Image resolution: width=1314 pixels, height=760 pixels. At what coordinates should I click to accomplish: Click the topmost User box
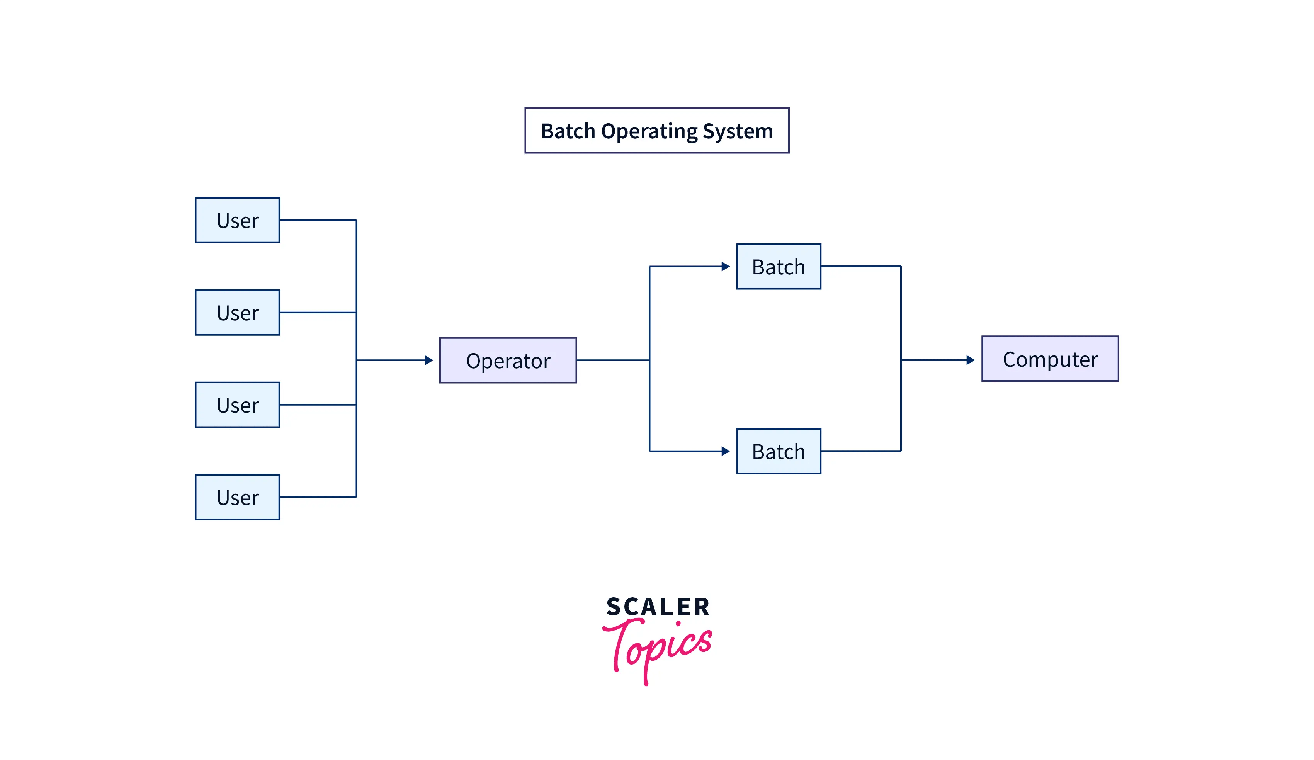tap(237, 220)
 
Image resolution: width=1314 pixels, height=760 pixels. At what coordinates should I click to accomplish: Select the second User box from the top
tap(237, 313)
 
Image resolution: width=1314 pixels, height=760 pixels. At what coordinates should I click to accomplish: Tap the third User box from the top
tap(237, 405)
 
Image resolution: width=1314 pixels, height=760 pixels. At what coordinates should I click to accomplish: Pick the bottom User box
tap(237, 497)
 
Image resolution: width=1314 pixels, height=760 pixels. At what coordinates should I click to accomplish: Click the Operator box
tap(508, 360)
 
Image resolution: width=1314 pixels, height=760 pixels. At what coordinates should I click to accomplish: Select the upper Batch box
tap(779, 267)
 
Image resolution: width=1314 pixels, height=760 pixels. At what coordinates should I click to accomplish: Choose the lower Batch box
tap(779, 451)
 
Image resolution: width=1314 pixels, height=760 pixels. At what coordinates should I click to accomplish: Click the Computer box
tap(1050, 359)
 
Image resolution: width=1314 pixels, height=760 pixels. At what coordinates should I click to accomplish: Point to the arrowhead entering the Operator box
tap(429, 360)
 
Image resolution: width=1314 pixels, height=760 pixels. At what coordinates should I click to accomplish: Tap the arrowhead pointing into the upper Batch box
tap(725, 267)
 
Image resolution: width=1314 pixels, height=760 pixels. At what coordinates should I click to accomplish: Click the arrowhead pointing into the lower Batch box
tap(725, 451)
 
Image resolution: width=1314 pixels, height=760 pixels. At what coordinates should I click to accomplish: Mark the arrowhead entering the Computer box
tap(971, 360)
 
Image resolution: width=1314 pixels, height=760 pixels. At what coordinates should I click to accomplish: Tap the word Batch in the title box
tap(568, 131)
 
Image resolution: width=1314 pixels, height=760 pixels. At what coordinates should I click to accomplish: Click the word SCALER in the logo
tap(658, 607)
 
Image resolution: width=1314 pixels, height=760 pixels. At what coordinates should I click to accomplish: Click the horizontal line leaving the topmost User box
tap(318, 220)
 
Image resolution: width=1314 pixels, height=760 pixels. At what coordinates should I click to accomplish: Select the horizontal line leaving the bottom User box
tap(318, 497)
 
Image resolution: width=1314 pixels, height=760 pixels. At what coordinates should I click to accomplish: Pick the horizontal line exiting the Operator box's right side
tap(613, 360)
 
